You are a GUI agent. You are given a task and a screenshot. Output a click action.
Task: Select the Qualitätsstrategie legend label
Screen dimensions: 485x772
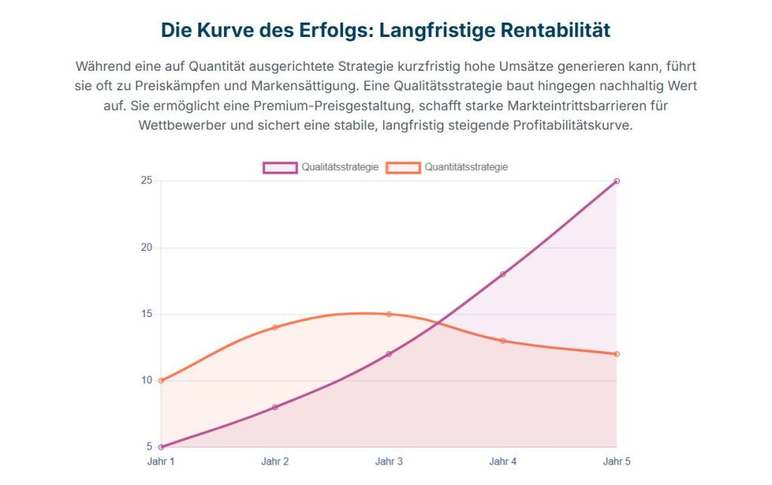340,167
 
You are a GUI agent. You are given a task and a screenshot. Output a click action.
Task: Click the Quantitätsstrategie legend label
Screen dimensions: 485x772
466,167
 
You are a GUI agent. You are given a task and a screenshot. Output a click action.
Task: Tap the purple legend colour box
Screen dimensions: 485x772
280,167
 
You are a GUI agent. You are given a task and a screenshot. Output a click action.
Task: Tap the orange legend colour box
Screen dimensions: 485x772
403,167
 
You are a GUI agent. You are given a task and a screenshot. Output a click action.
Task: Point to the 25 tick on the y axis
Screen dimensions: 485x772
146,181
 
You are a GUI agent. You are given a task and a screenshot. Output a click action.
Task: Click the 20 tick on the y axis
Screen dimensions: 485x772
146,248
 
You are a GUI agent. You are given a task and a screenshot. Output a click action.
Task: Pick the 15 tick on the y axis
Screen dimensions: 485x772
146,314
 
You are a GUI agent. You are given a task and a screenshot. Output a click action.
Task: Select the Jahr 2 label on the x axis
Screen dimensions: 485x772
274,461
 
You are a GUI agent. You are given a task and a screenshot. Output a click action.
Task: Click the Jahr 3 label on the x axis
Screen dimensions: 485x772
389,461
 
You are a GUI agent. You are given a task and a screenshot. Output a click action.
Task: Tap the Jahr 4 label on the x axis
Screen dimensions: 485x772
503,461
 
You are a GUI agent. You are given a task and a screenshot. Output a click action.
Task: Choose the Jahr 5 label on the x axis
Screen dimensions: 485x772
616,461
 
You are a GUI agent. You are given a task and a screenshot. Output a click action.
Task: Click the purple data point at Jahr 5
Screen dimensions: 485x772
617,181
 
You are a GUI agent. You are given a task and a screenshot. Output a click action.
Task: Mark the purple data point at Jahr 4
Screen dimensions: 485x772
503,274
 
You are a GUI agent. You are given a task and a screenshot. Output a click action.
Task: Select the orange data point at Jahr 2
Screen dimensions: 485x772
274,328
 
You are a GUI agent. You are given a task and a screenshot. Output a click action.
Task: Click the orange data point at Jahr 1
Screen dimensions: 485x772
161,380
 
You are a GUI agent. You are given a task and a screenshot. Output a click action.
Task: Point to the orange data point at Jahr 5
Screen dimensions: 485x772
617,354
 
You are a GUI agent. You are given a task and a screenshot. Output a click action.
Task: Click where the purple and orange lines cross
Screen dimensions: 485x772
437,324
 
